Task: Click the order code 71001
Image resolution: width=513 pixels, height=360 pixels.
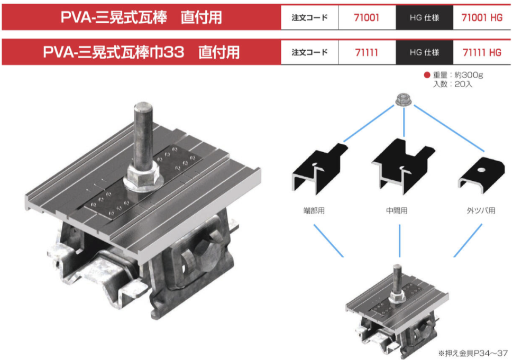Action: (367, 17)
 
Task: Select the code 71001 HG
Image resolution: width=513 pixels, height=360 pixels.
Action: (482, 17)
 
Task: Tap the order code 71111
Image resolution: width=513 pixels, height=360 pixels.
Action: (367, 52)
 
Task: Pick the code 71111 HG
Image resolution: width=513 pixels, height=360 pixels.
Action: (482, 52)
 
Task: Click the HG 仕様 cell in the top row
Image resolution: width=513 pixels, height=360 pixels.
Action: (424, 17)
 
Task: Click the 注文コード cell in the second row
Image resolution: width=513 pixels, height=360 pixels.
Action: (309, 52)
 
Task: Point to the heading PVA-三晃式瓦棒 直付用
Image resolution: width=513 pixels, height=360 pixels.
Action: (141, 17)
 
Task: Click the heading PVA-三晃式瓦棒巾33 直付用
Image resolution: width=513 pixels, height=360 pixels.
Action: (141, 52)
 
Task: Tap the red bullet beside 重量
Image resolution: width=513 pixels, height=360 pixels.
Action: (427, 75)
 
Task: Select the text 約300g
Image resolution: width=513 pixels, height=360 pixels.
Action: (469, 75)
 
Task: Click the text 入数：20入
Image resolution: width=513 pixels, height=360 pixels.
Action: (453, 84)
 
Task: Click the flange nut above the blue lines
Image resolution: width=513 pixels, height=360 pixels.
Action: (403, 99)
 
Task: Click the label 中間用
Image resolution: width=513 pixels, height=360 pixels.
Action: (397, 210)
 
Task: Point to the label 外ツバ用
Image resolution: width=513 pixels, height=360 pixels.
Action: (481, 210)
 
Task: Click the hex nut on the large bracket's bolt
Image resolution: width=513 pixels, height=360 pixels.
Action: (142, 177)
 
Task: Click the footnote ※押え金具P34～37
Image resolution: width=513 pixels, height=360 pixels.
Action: (473, 353)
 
